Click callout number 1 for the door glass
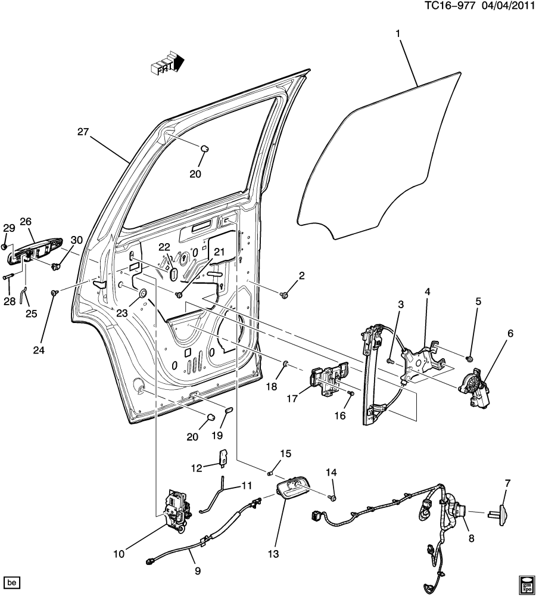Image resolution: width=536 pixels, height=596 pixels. click(398, 34)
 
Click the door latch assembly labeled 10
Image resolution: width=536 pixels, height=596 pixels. click(177, 511)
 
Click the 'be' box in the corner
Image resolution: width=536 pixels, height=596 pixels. click(12, 582)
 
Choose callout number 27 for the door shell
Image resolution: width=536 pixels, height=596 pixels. click(83, 132)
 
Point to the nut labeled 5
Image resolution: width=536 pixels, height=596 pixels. click(469, 358)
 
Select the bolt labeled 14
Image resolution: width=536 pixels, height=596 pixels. click(332, 497)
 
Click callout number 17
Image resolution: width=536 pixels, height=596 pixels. click(292, 399)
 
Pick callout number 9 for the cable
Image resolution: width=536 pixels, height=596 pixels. click(198, 570)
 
